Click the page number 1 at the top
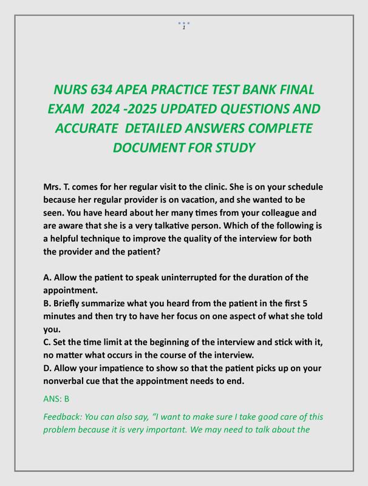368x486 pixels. click(183, 27)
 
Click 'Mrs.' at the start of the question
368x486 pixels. click(52, 187)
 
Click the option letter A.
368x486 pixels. click(47, 278)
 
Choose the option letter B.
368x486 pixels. click(47, 303)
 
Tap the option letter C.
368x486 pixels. click(47, 342)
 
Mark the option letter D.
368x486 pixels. click(47, 368)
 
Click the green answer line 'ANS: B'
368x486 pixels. click(56, 399)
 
